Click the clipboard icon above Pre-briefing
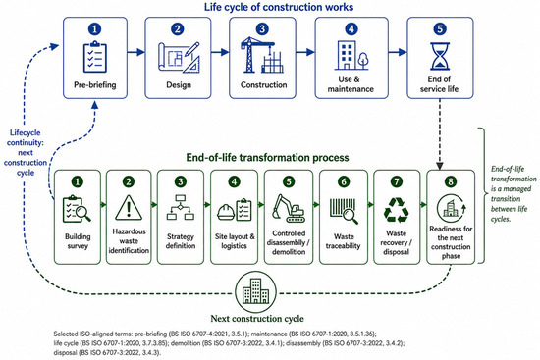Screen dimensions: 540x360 point(95,57)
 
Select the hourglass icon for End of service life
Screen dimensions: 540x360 point(440,56)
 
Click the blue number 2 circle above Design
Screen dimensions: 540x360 point(178,28)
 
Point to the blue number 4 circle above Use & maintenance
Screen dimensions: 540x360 point(351,28)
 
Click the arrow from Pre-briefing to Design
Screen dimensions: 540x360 point(136,52)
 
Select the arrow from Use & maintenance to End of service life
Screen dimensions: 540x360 point(398,52)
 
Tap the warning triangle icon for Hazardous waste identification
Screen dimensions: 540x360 point(129,208)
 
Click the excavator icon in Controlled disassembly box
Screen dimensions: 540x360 point(289,208)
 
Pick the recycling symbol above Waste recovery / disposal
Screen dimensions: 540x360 point(397,210)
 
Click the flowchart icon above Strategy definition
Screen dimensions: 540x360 point(181,208)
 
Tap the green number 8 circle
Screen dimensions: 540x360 point(451,181)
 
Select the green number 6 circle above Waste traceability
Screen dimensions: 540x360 point(344,181)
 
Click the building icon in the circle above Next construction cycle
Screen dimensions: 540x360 point(255,291)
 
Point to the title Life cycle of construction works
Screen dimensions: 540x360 point(279,7)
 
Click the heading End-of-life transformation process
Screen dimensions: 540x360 point(268,158)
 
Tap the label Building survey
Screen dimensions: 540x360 point(78,241)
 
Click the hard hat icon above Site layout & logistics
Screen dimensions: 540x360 point(226,211)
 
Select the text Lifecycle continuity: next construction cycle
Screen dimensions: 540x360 point(26,152)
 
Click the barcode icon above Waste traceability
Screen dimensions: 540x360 point(344,211)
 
